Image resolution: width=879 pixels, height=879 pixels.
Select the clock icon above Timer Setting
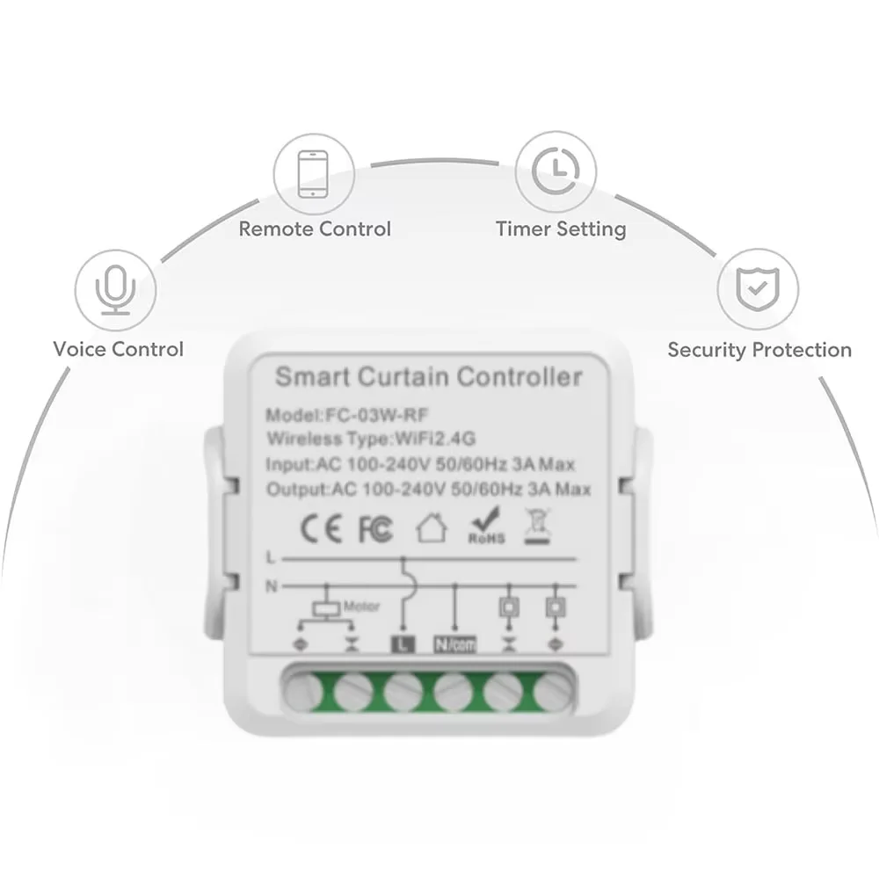[556, 168]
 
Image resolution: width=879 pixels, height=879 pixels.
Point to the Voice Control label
[118, 349]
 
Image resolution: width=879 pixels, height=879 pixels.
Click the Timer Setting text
[561, 229]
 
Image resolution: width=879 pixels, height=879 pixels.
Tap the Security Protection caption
[759, 350]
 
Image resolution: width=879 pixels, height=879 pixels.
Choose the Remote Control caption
[315, 229]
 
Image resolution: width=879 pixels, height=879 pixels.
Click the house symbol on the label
[431, 528]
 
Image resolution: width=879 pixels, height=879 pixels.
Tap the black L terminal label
[402, 644]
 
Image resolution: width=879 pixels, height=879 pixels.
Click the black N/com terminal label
[455, 644]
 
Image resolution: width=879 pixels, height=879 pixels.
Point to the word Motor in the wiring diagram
[361, 606]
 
